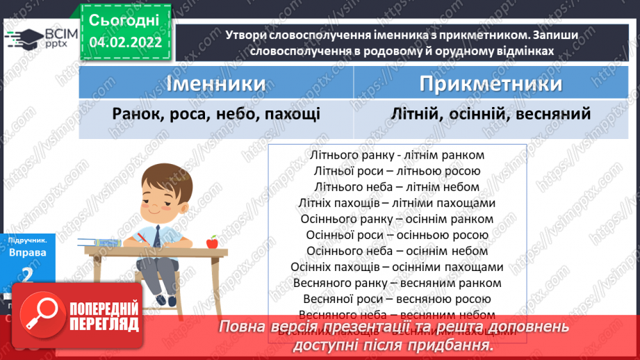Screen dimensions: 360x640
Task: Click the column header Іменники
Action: coord(216,84)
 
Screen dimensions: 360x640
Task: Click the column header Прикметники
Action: coord(491,84)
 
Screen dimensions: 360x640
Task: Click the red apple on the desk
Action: coord(212,242)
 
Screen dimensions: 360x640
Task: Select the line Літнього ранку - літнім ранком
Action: coord(397,156)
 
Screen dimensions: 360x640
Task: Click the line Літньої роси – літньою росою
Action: coord(397,171)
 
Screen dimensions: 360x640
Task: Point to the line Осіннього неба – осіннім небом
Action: coord(397,251)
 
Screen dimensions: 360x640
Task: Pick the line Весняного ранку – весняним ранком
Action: coord(397,283)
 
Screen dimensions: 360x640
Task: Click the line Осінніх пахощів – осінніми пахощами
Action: coord(397,267)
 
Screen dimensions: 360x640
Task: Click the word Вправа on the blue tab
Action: coord(28,253)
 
